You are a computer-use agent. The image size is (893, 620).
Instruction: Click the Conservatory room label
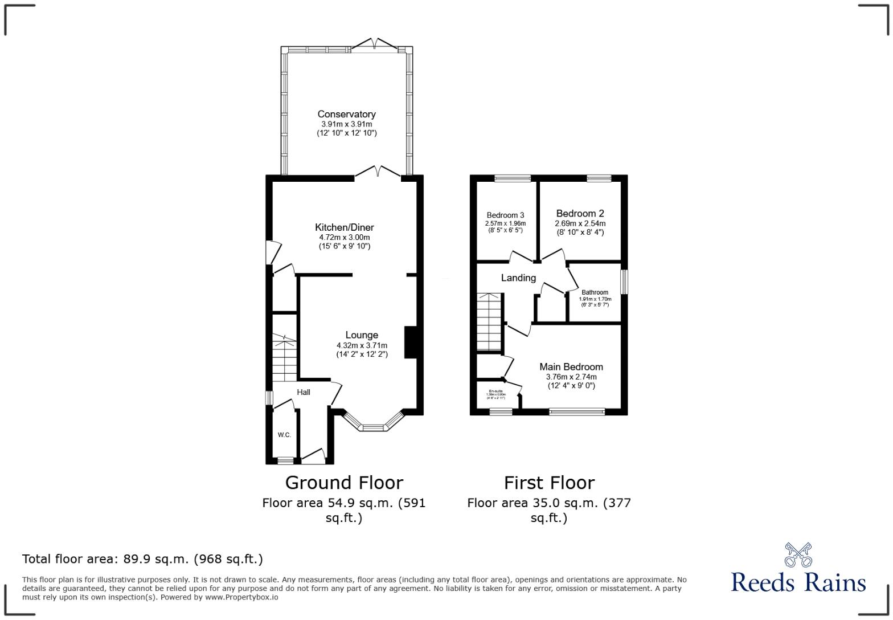346,114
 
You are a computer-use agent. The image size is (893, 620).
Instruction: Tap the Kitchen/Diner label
345,227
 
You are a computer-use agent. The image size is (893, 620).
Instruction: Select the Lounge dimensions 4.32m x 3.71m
362,345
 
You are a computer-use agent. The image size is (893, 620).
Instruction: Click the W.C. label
284,435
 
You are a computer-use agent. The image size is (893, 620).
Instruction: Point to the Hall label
303,392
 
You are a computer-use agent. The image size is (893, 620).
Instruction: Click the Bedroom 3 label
505,215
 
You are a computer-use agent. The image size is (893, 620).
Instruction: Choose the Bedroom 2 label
580,214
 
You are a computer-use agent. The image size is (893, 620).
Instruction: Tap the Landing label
518,278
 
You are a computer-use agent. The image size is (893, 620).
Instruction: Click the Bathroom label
595,292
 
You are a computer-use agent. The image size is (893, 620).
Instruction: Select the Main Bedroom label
571,366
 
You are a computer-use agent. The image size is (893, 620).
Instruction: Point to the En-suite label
495,391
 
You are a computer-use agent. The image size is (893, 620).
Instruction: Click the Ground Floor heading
344,483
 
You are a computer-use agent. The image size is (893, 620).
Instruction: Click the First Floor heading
549,483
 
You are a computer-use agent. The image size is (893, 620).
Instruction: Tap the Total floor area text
142,559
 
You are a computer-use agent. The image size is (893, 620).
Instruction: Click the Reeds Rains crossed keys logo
797,554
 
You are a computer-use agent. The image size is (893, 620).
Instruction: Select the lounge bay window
374,426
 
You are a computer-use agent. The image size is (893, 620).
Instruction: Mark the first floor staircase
489,322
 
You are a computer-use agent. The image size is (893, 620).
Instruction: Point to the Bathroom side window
624,282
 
